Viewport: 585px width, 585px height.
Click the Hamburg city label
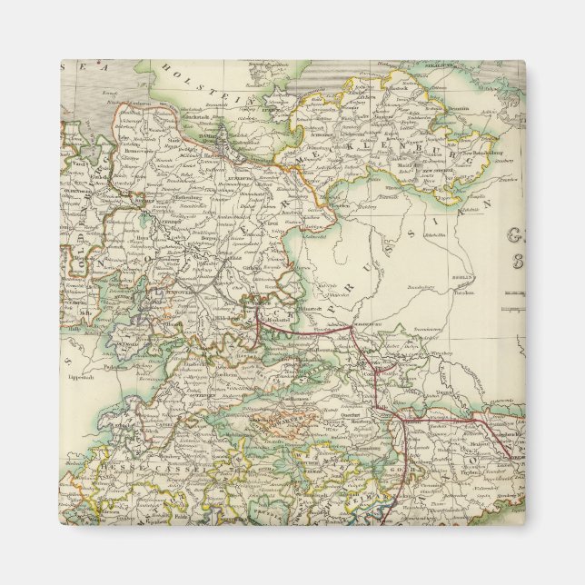(202, 137)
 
